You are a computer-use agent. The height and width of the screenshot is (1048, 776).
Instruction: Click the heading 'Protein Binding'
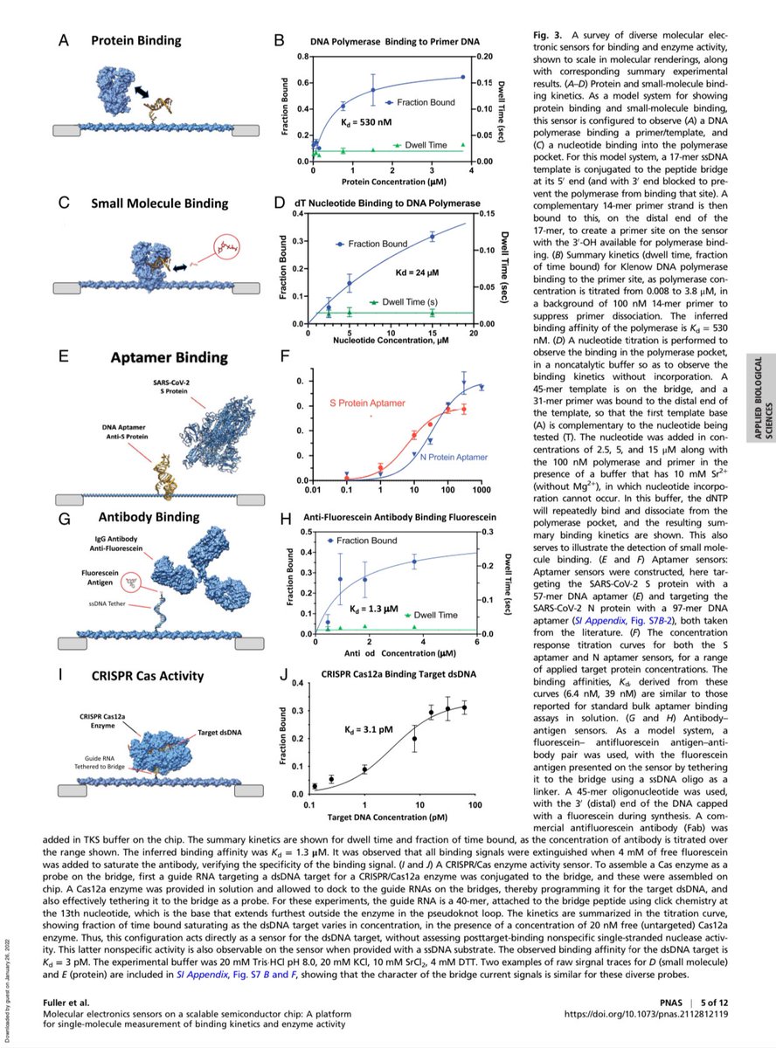coord(138,41)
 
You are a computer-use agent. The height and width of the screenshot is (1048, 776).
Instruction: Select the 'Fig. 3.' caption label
coord(548,33)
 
